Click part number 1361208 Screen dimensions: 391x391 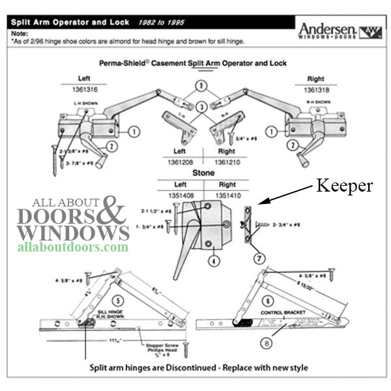pos(176,158)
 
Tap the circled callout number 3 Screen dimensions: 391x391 pos(202,106)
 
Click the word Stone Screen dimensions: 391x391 pos(199,174)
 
